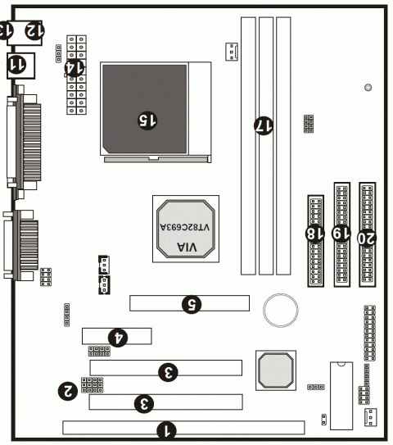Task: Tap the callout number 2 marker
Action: [x=70, y=390]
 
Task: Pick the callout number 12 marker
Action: [x=33, y=30]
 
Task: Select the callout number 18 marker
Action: [x=314, y=234]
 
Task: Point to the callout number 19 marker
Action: [x=340, y=234]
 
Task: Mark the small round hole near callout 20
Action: [x=368, y=87]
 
